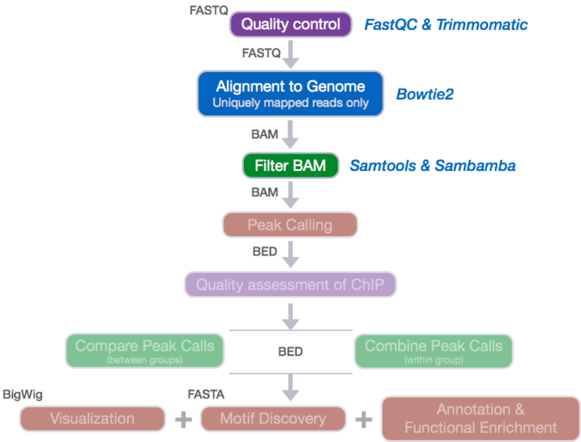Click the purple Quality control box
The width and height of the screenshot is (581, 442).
290,24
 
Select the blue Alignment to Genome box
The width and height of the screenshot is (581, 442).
290,93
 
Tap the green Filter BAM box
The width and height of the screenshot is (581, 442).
290,166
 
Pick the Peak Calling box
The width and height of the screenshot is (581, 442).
290,225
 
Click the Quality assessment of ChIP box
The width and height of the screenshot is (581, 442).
290,284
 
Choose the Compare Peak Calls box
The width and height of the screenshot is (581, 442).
144,351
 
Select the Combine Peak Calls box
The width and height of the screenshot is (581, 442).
434,351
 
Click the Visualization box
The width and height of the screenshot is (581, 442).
92,419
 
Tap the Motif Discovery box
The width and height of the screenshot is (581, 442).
273,419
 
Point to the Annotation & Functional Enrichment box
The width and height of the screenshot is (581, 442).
481,419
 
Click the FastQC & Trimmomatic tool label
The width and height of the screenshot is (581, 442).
446,25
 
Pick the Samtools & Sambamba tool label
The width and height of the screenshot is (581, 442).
432,166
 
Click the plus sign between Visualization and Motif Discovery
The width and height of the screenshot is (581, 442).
183,419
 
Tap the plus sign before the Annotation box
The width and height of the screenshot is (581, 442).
363,419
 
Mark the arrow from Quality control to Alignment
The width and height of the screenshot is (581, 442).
290,55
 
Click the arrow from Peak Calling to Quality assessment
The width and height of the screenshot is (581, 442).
290,255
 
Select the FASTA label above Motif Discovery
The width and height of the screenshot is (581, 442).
206,393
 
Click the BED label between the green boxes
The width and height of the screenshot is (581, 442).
290,352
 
